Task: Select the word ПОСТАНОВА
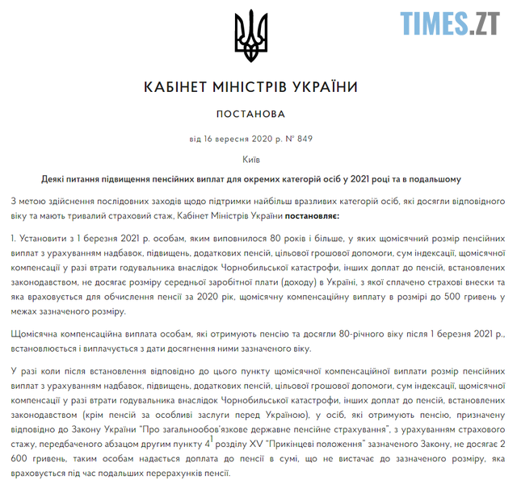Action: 251,114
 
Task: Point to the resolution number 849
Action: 304,139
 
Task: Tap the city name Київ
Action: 251,159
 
